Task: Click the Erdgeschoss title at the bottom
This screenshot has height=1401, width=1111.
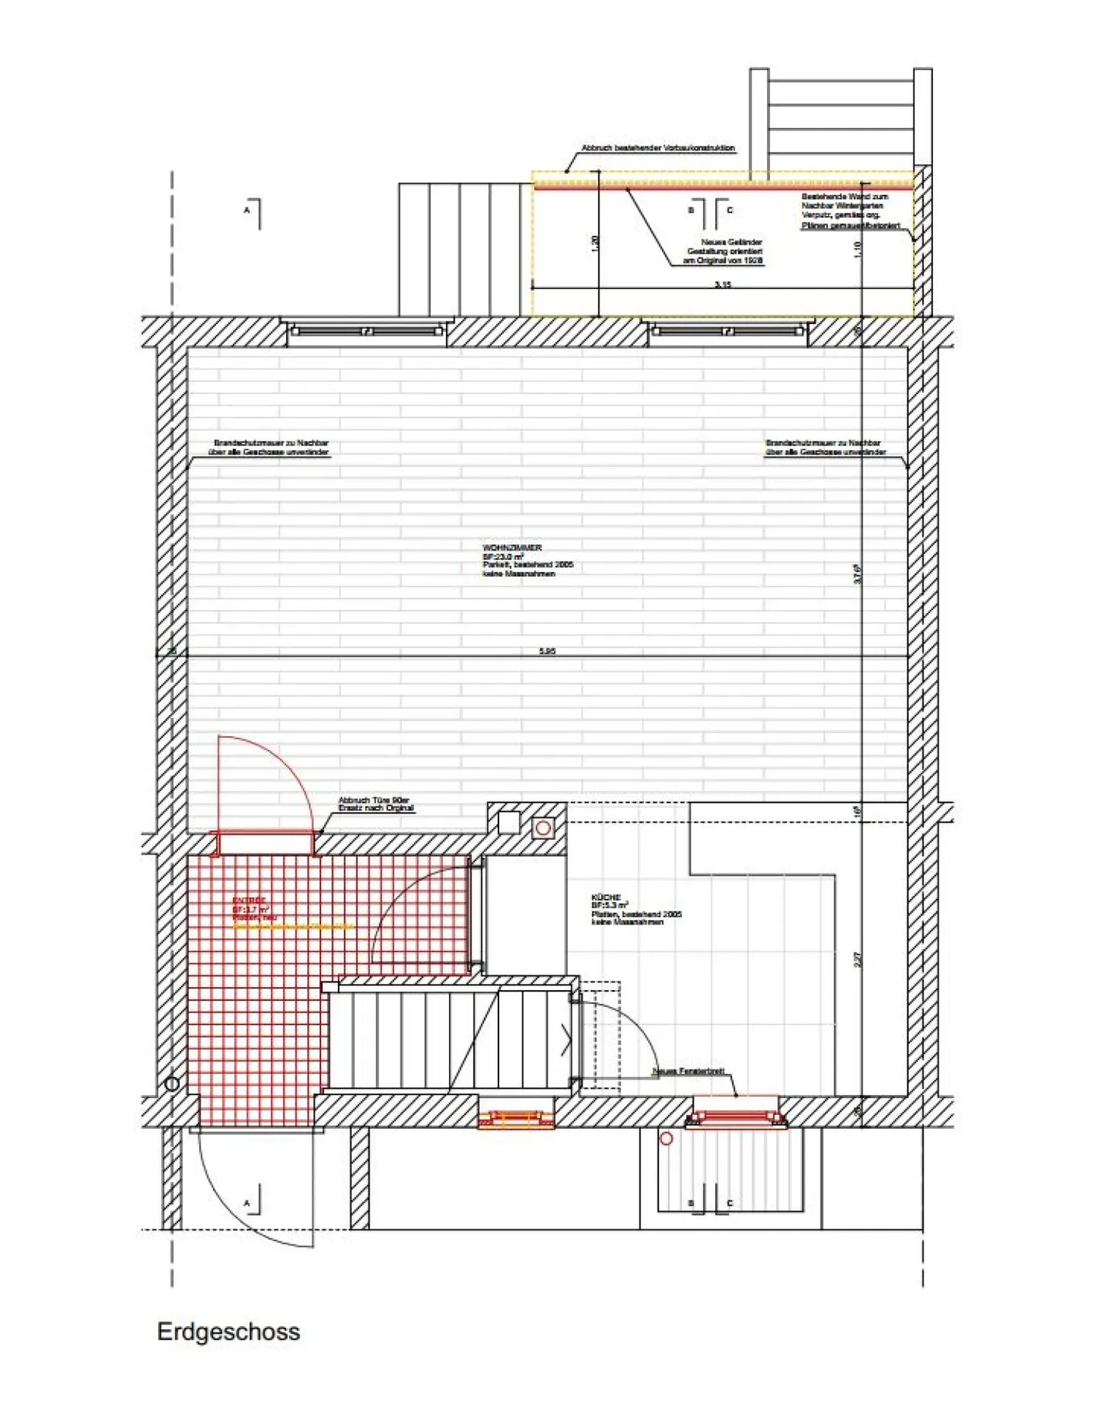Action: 228,1332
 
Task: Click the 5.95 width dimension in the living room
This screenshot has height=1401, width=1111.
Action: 547,652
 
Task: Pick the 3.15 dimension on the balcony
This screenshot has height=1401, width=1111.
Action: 722,285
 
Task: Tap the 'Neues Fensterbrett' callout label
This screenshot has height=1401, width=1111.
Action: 688,1072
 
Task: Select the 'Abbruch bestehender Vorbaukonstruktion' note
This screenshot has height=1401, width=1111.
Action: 657,148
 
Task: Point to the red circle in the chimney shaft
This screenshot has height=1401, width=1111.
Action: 543,828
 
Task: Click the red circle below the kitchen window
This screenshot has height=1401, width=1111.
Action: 667,1138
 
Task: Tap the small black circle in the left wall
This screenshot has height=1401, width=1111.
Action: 172,1083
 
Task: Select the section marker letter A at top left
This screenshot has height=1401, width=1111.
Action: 247,210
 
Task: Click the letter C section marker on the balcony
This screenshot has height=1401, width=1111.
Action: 730,210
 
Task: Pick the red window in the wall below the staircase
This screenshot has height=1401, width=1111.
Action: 516,1120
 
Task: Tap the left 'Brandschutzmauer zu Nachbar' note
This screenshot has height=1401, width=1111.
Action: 271,448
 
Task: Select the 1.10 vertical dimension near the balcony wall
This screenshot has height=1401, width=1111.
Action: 858,249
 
